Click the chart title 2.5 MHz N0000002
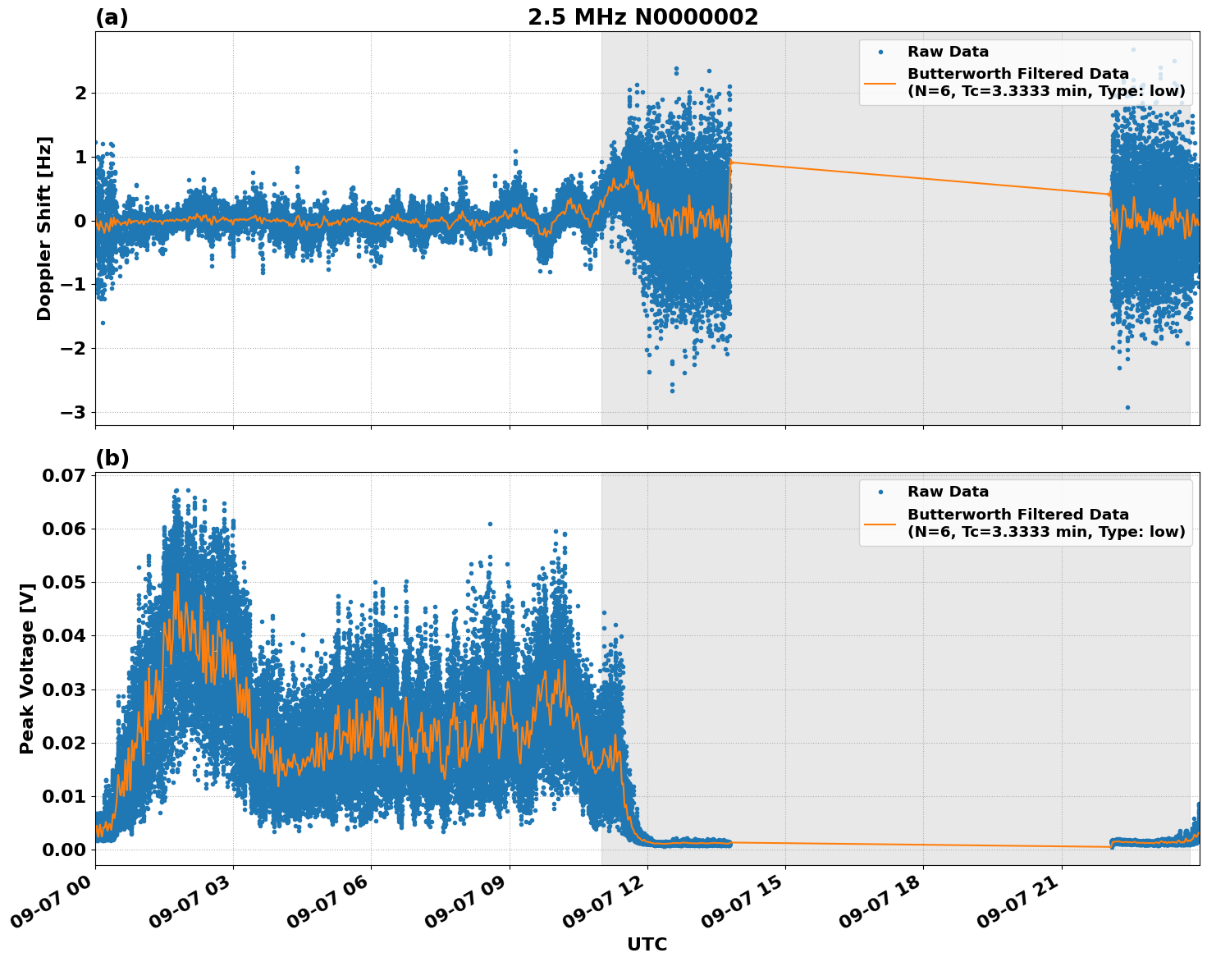642,17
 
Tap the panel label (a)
112,17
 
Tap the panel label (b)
112,458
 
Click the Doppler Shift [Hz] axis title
44,228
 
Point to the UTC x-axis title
647,944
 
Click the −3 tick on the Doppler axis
72,412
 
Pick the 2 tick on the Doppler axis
80,94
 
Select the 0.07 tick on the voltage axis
63,476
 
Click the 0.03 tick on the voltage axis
63,689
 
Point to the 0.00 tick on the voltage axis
63,850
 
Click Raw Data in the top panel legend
948,52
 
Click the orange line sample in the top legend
880,82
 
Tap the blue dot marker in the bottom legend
880,492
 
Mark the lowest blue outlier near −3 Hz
1127,407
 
